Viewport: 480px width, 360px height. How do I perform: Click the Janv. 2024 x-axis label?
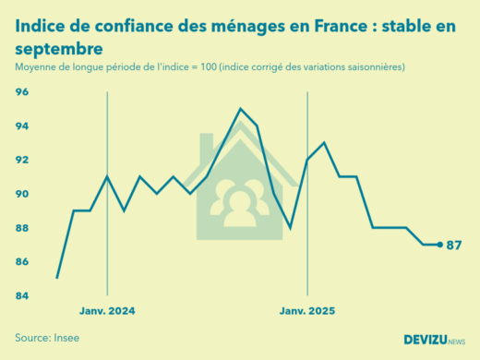pos(107,312)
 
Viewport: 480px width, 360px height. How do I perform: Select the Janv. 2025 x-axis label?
pos(307,312)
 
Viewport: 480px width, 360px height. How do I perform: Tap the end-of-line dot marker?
pos(439,245)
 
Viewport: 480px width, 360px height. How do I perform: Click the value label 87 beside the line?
pos(453,246)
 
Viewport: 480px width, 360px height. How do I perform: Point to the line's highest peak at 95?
pos(241,109)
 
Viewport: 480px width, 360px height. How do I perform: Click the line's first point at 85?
pos(57,278)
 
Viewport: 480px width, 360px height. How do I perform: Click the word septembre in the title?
pos(59,47)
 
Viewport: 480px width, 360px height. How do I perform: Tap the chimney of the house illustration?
pos(206,146)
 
